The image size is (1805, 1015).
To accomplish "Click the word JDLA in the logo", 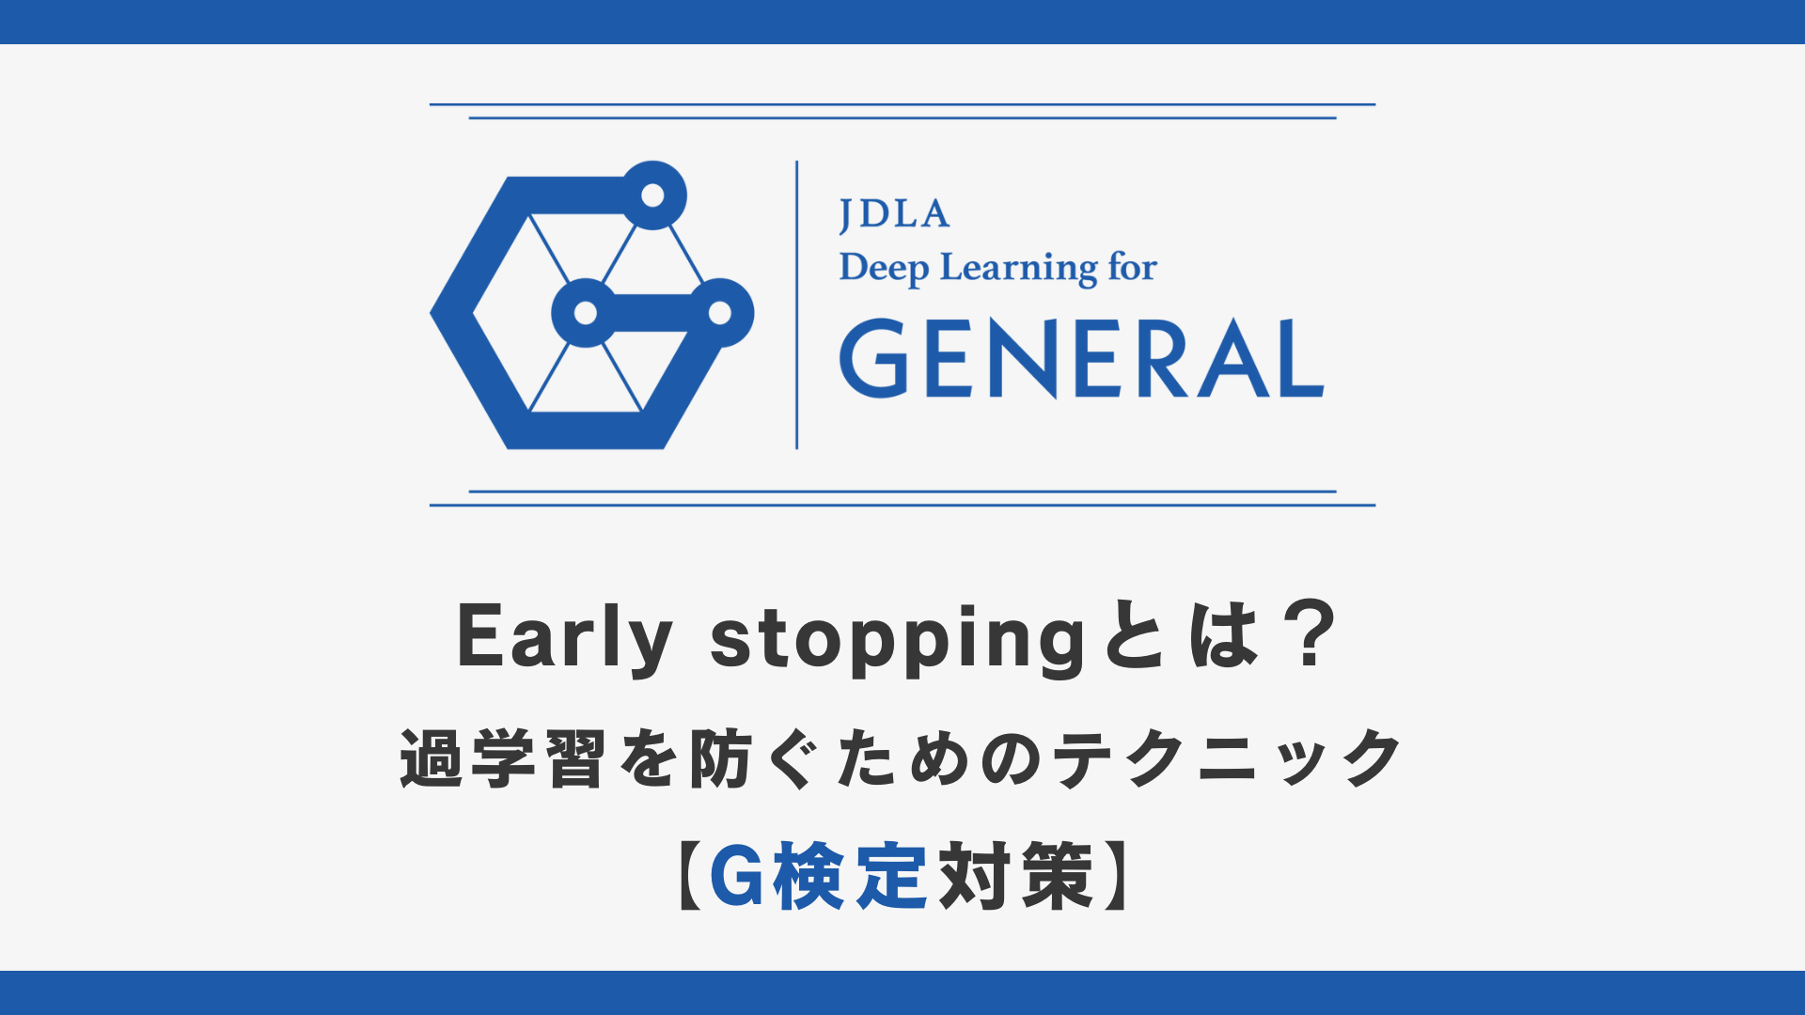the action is tap(894, 215).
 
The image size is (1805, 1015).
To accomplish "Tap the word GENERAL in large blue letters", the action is tap(1082, 358).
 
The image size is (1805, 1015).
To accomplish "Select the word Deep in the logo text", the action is tap(884, 269).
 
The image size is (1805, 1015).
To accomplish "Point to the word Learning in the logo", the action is tap(1018, 269).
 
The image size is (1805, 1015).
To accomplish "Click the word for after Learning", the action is tap(1132, 267).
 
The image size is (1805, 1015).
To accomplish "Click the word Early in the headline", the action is tap(565, 637).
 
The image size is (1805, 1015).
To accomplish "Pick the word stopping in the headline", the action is tap(898, 639).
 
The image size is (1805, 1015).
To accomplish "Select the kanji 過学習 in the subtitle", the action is tap(502, 758).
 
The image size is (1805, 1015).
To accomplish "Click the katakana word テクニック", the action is tap(1227, 758).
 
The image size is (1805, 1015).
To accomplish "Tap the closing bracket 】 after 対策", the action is tap(1117, 876).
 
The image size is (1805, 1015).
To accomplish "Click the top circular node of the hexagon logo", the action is tap(652, 195).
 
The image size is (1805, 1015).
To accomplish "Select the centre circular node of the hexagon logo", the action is tap(586, 312).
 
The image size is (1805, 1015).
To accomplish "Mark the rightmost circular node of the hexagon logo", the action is tap(720, 312).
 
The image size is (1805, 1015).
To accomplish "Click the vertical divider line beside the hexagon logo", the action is tap(797, 304).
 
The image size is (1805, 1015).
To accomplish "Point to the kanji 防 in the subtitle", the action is tap(719, 758).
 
